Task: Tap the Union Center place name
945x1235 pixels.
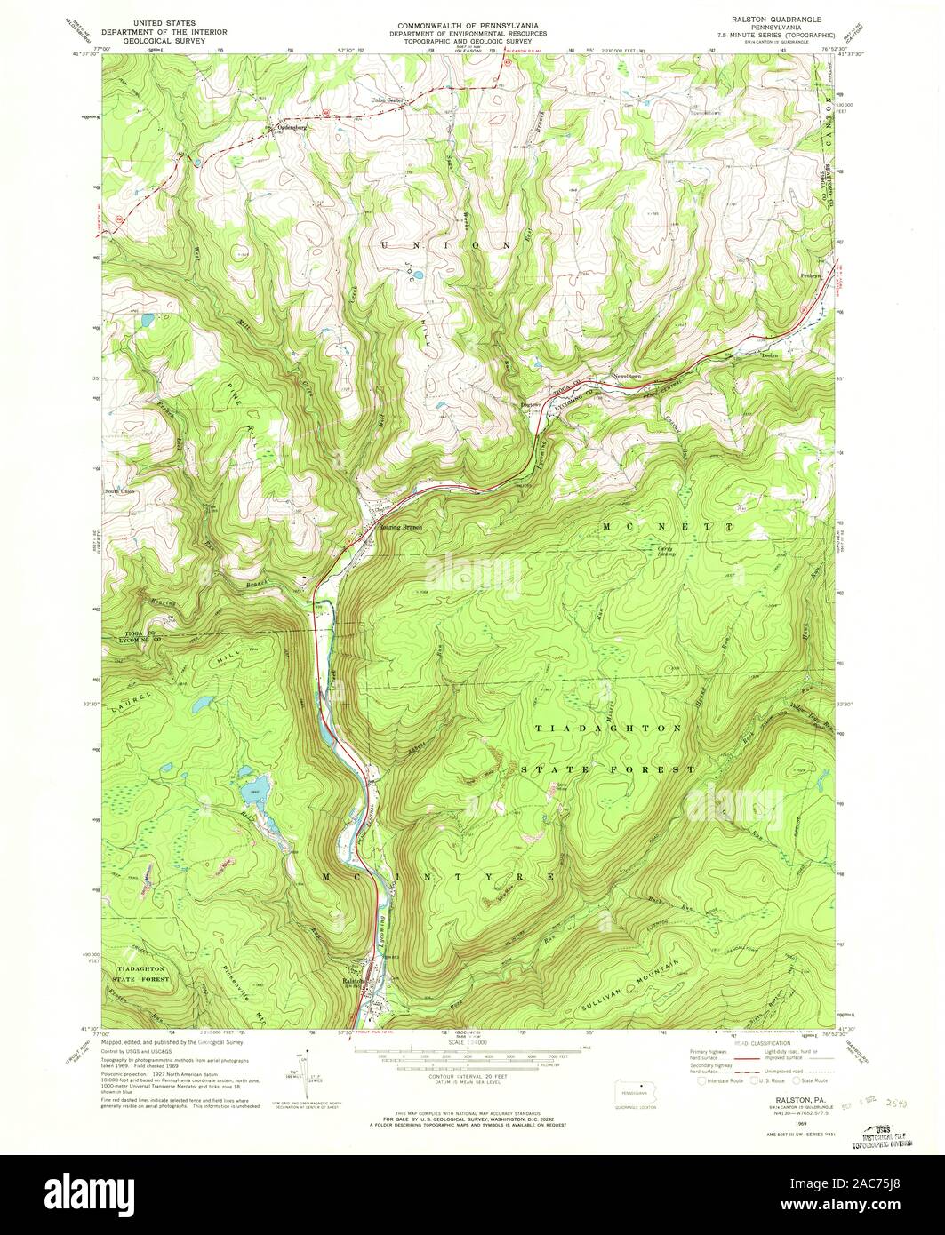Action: pos(388,100)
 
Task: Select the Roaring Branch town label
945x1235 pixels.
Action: pos(401,527)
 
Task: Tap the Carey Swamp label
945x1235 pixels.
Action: pos(666,551)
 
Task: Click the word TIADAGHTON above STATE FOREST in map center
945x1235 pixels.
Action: pos(609,728)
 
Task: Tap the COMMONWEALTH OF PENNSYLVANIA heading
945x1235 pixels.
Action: pos(471,18)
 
